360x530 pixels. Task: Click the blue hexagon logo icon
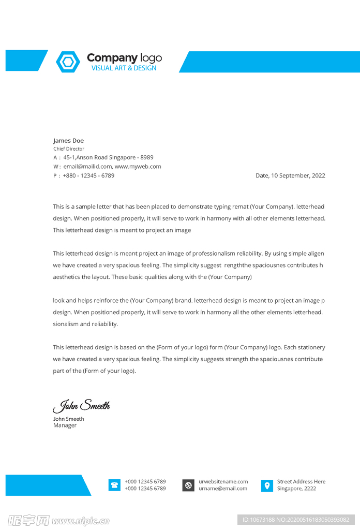pyautogui.click(x=68, y=62)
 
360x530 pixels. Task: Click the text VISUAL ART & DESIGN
pyautogui.click(x=124, y=68)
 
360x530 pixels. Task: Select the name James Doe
pyautogui.click(x=68, y=141)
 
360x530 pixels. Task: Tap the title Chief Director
pyautogui.click(x=68, y=149)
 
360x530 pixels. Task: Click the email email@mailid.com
pyautogui.click(x=87, y=167)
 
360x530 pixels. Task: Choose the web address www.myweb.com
pyautogui.click(x=138, y=167)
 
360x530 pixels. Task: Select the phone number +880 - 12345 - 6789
pyautogui.click(x=88, y=175)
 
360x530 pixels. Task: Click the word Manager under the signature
pyautogui.click(x=65, y=425)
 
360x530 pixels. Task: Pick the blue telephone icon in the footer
pyautogui.click(x=114, y=485)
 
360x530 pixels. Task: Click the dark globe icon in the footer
pyautogui.click(x=188, y=485)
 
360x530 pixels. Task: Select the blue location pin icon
pyautogui.click(x=267, y=485)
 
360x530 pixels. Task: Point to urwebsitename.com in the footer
pyautogui.click(x=223, y=481)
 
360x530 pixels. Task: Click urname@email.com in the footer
pyautogui.click(x=223, y=489)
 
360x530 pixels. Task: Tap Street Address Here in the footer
pyautogui.click(x=301, y=481)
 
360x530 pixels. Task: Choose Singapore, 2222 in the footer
pyautogui.click(x=296, y=489)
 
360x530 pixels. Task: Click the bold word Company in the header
pyautogui.click(x=112, y=58)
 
